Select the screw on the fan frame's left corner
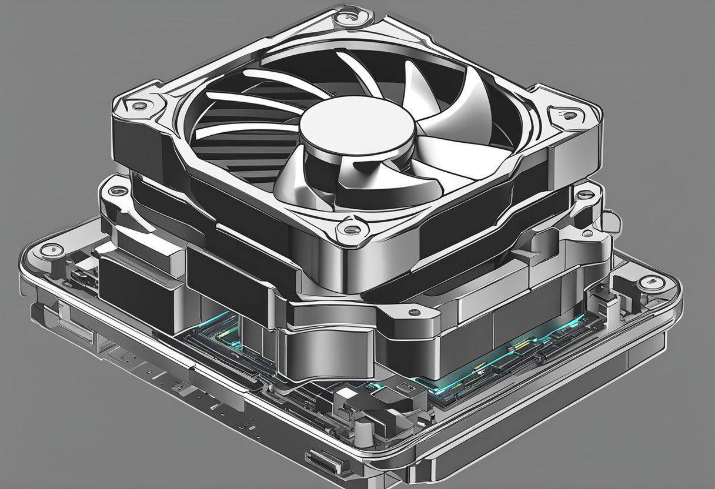click(140, 106)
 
